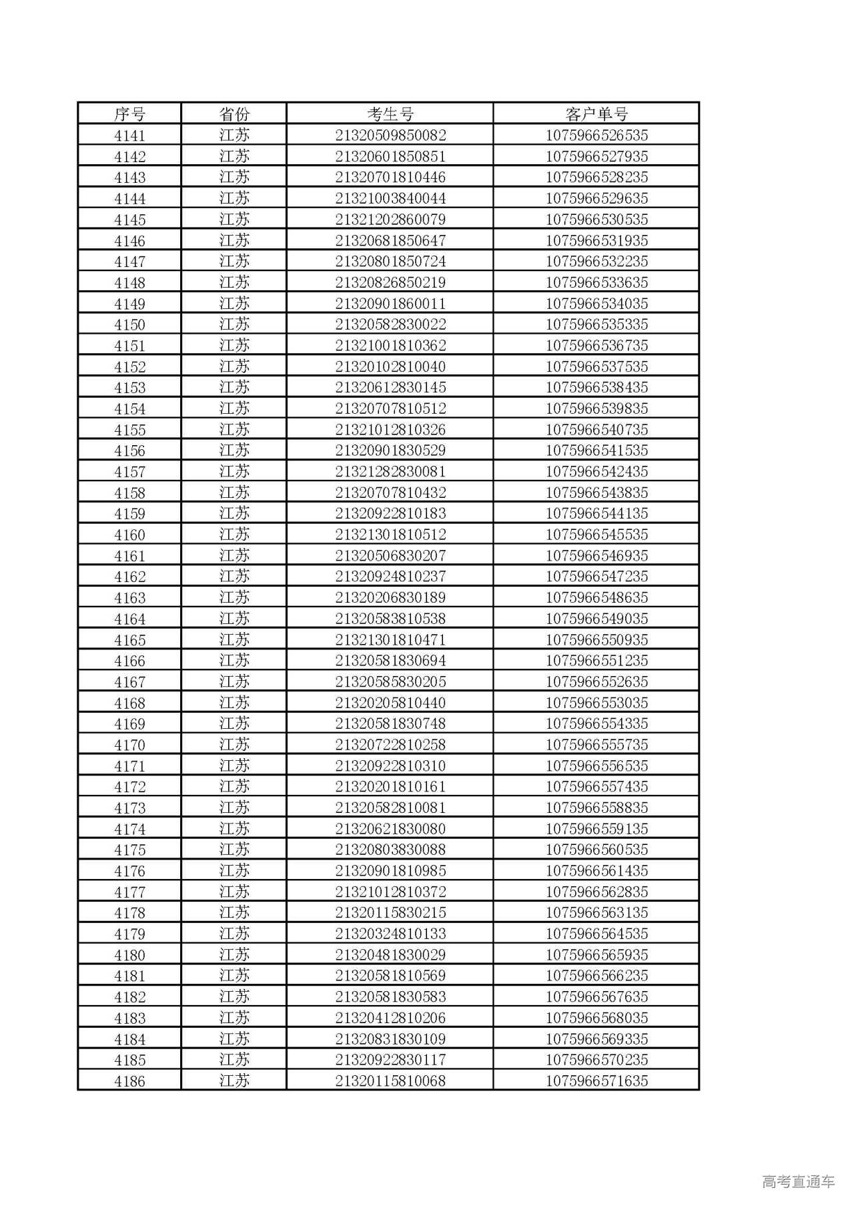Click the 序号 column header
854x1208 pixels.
129,113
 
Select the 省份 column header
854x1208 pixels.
234,113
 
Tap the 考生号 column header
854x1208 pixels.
390,113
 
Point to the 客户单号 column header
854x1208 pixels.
596,113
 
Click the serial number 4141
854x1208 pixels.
129,135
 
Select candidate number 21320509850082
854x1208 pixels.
390,135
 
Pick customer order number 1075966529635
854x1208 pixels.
596,198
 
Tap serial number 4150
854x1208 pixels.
129,324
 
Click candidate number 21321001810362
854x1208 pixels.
390,346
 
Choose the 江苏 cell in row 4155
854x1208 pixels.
234,429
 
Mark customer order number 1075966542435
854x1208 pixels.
596,471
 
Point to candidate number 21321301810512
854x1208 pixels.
390,535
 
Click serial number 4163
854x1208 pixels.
129,597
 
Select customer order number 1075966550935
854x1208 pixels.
596,639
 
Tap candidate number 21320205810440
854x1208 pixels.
390,703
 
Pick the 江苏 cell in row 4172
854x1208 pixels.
234,786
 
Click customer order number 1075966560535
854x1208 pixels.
596,850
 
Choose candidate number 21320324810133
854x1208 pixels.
390,934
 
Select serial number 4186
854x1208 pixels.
129,1081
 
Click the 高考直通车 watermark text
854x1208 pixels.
798,1181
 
